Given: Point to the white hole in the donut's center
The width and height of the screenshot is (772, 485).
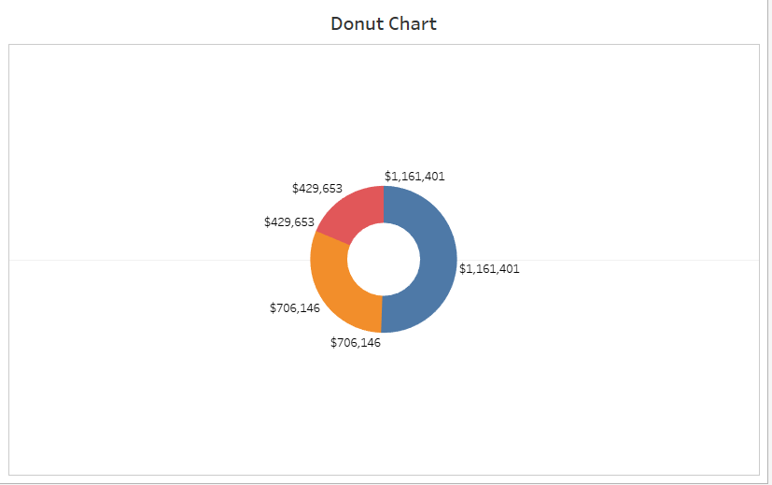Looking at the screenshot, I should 383,260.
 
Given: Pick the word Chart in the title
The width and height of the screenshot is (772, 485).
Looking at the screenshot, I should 414,23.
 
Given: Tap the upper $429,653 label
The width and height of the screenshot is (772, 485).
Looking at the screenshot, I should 317,188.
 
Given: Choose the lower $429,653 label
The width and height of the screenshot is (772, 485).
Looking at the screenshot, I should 289,222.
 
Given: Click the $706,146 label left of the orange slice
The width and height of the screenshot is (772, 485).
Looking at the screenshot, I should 295,307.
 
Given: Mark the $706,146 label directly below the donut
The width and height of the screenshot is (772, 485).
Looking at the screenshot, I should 356,343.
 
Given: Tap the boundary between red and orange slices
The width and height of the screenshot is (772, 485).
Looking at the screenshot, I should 330,238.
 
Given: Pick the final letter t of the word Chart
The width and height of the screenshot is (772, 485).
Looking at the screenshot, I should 432,23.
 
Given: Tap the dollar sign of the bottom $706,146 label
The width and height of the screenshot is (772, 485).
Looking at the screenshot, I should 333,343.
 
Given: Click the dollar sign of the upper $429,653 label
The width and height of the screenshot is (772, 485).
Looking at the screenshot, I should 295,188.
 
